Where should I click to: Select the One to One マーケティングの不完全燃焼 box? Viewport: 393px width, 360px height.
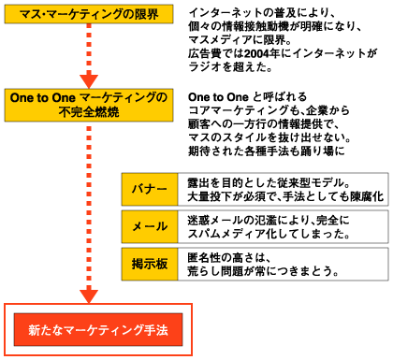click(89, 104)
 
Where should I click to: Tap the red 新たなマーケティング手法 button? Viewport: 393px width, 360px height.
click(97, 331)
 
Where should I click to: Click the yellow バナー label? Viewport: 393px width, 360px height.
click(149, 189)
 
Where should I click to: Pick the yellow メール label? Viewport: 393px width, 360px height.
click(149, 226)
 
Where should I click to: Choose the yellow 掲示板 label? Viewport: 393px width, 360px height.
click(149, 264)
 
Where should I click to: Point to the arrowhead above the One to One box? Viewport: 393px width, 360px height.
click(89, 78)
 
